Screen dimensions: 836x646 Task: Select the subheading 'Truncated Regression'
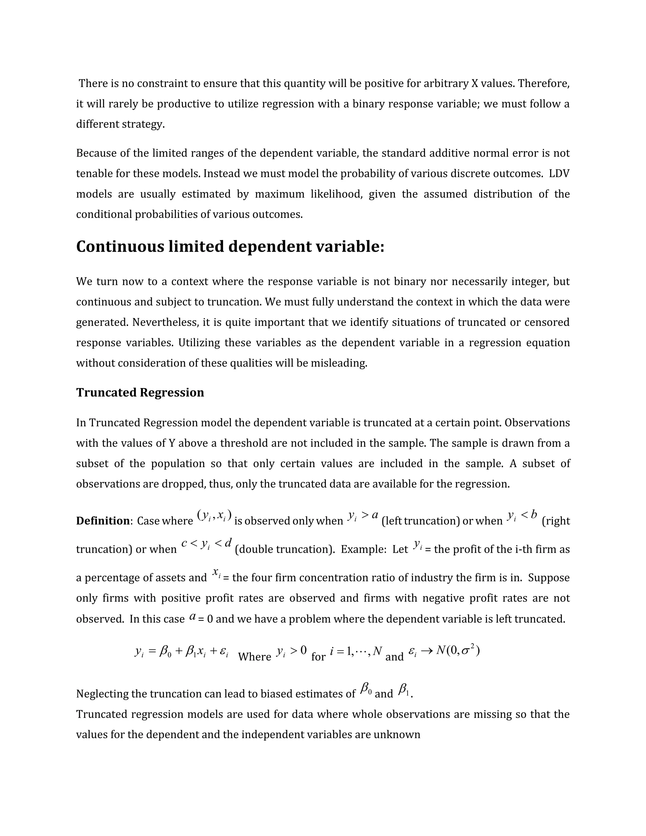pyautogui.click(x=140, y=393)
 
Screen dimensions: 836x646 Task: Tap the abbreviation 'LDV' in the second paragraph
pyautogui.click(x=559, y=174)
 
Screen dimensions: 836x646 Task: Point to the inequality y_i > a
pyautogui.click(x=363, y=516)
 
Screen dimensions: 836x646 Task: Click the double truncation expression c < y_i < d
pyautogui.click(x=206, y=544)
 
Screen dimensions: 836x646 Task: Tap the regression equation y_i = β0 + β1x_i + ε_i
pyautogui.click(x=182, y=651)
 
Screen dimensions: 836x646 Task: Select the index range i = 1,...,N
pyautogui.click(x=356, y=651)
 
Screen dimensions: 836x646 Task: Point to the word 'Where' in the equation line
pyautogui.click(x=255, y=657)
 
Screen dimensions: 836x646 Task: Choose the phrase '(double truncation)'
pyautogui.click(x=285, y=549)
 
